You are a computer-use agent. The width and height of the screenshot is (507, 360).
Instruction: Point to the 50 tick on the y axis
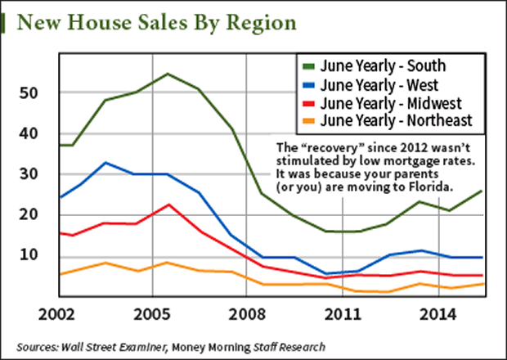tap(29, 93)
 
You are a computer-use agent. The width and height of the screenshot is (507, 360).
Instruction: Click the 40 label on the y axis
tap(29, 134)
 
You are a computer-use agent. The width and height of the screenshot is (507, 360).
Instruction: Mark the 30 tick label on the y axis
tap(29, 174)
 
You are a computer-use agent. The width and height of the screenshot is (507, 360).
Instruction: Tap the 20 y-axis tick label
tap(29, 214)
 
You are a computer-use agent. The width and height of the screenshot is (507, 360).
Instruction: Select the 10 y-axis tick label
tap(29, 255)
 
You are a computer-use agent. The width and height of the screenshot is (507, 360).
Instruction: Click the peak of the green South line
tap(168, 74)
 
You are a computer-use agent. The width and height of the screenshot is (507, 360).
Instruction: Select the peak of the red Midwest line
tap(168, 205)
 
